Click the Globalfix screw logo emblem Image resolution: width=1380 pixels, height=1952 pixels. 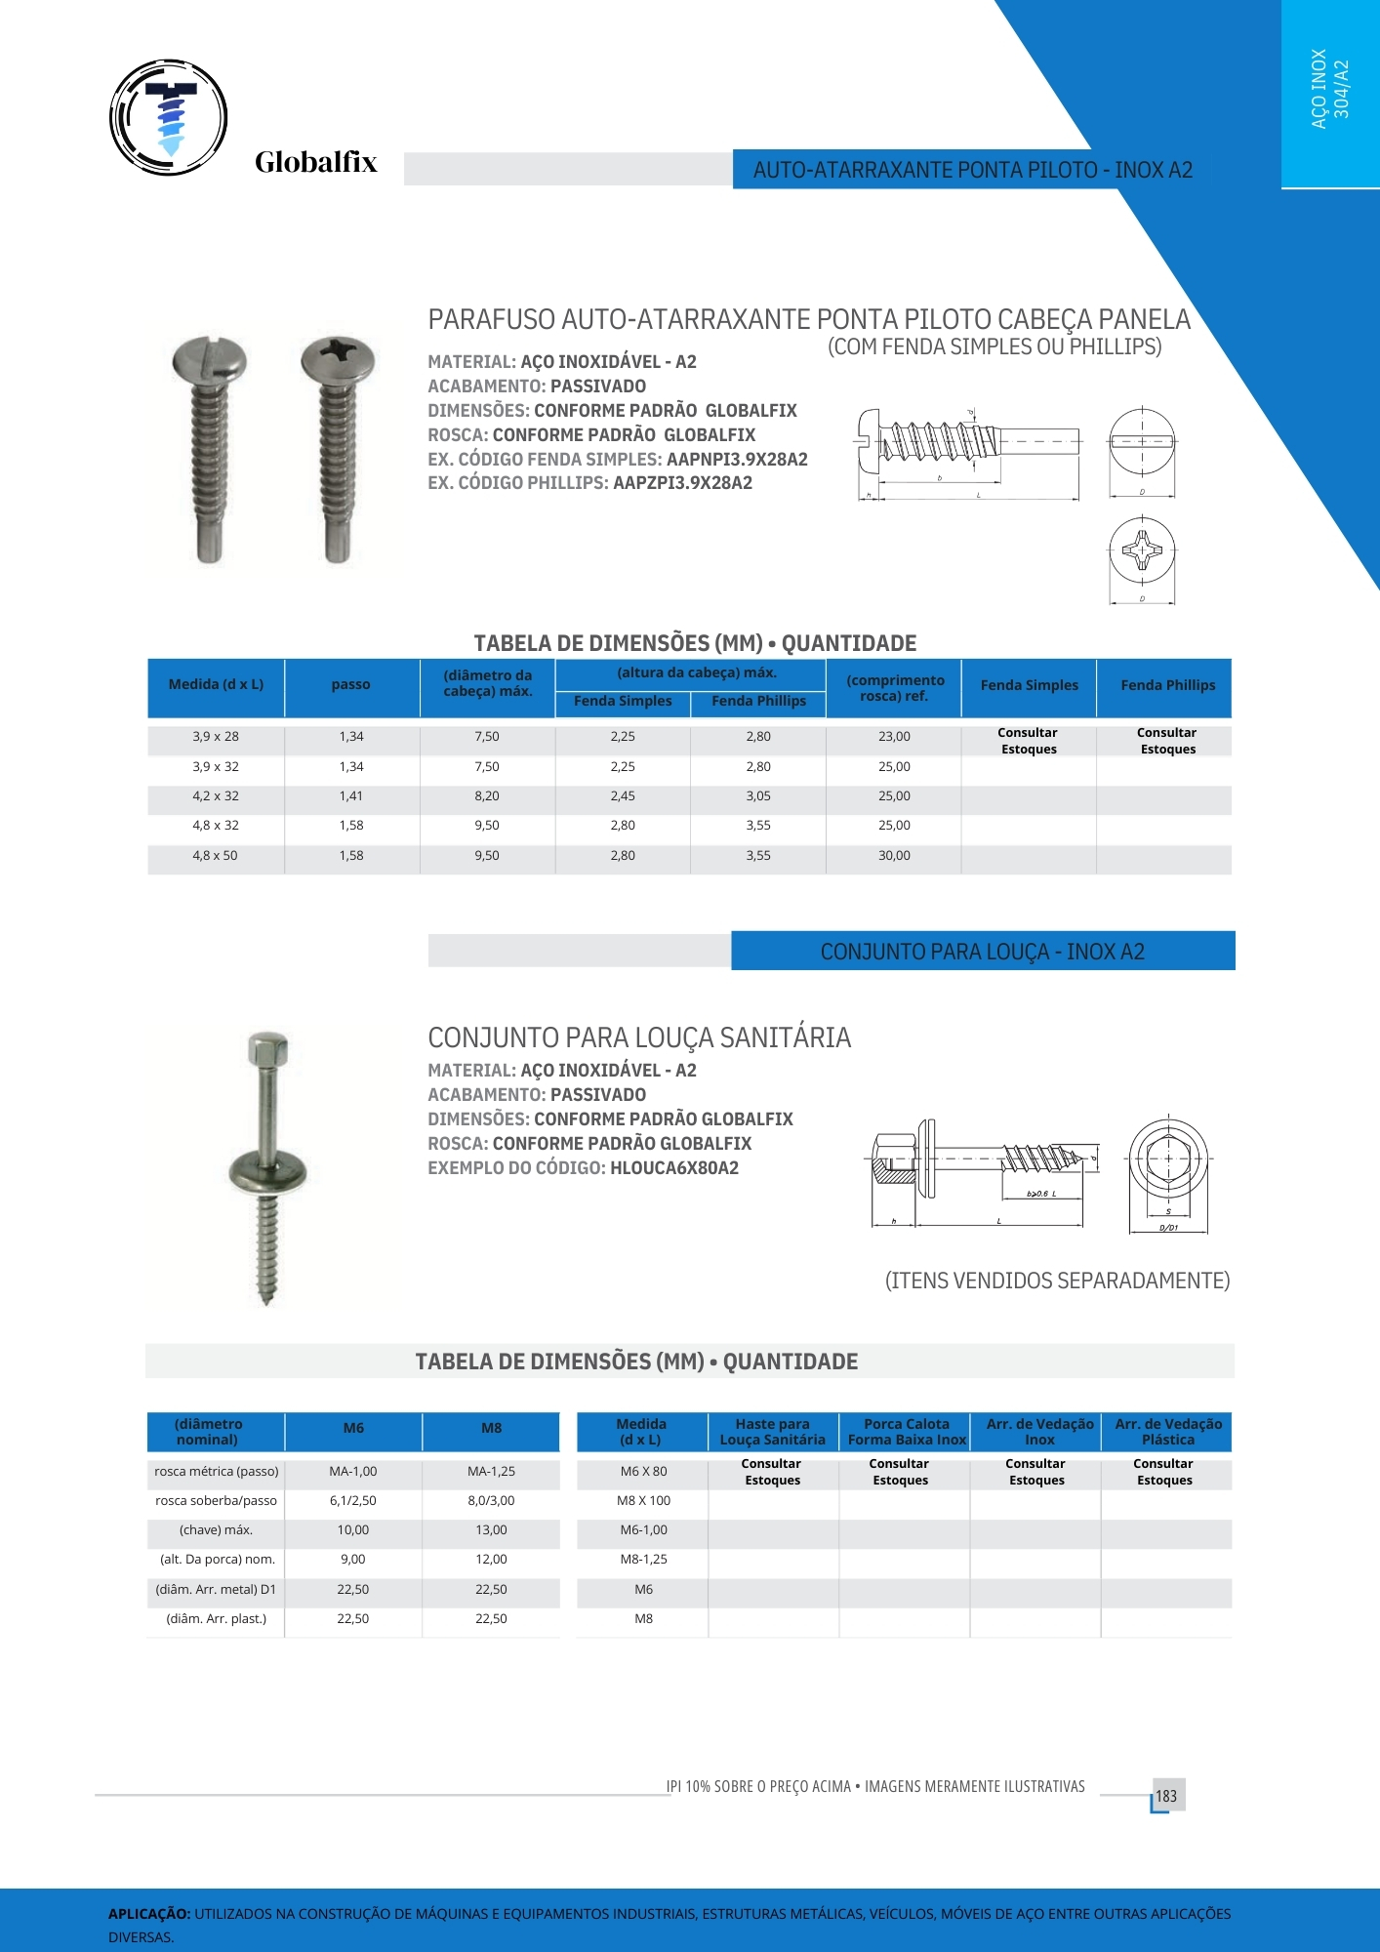[169, 117]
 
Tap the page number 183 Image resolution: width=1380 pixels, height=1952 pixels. [1166, 1796]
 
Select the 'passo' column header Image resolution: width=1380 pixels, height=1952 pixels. [350, 685]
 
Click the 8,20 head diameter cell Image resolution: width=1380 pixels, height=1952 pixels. [486, 796]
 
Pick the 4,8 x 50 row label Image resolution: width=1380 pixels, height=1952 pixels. [215, 856]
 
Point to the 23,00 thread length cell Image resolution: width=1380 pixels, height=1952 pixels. [894, 737]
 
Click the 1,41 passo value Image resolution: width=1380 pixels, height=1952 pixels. [351, 796]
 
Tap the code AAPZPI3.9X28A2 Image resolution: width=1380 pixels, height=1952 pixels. [682, 483]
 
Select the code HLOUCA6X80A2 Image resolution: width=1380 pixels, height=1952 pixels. [673, 1168]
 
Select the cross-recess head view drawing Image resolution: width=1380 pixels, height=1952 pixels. [1142, 550]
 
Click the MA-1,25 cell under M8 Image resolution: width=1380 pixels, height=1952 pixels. [491, 1472]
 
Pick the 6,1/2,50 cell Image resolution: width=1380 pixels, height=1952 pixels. [352, 1501]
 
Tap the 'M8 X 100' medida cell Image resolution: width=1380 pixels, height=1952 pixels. [643, 1501]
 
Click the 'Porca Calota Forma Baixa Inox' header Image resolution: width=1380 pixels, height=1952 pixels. [906, 1432]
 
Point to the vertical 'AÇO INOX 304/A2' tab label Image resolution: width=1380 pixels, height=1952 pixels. [1329, 90]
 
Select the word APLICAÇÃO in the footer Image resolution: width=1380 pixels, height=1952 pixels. [149, 1914]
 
